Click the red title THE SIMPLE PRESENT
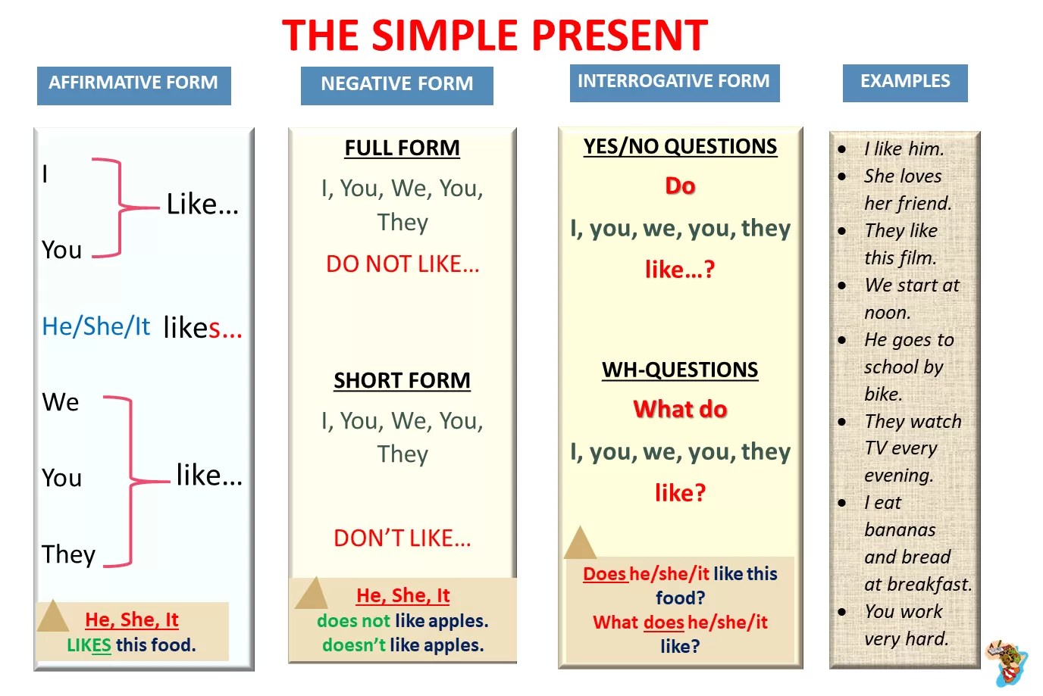click(495, 36)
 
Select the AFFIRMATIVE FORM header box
click(134, 86)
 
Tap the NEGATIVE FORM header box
click(396, 86)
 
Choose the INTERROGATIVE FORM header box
click(675, 83)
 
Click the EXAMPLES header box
click(905, 83)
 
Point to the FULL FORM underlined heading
click(402, 148)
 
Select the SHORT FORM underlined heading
click(402, 381)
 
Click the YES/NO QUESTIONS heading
click(680, 147)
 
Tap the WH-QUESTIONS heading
click(680, 370)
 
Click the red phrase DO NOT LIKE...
click(402, 264)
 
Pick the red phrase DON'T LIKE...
click(402, 538)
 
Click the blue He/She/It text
click(96, 326)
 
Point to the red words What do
click(680, 410)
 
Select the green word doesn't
click(354, 645)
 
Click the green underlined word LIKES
click(89, 645)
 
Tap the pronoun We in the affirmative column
click(61, 402)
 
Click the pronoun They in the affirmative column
click(68, 554)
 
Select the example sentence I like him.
click(904, 149)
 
